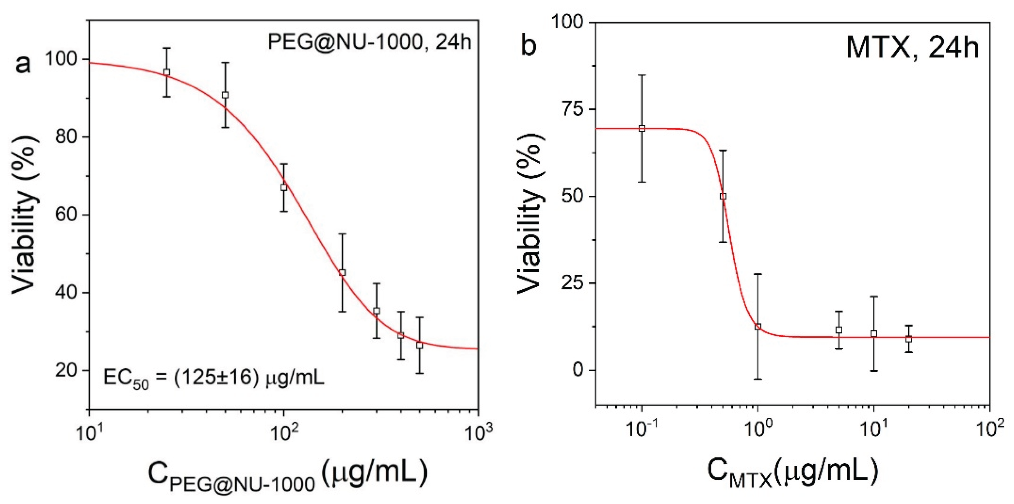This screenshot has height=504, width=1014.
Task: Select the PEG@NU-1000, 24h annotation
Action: [369, 42]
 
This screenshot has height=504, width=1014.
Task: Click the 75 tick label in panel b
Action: [570, 110]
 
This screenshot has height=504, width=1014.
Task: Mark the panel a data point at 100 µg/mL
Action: [283, 188]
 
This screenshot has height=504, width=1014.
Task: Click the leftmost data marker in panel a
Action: [167, 72]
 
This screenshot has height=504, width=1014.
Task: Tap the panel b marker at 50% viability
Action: [723, 196]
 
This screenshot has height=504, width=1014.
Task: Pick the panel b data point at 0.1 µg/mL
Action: [642, 128]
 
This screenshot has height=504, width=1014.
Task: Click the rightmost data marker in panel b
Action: [909, 339]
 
